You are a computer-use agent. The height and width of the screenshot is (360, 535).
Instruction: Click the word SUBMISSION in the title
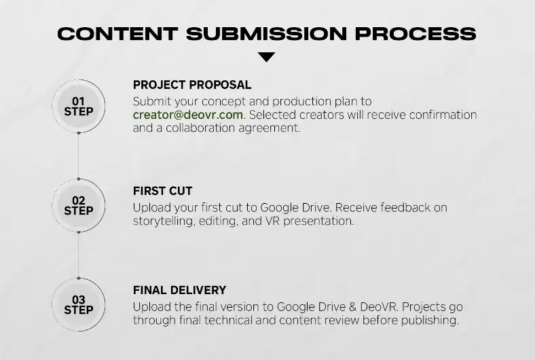(266, 34)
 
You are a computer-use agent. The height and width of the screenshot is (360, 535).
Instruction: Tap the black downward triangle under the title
(266, 57)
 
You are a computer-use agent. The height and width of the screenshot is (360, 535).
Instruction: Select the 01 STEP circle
(79, 106)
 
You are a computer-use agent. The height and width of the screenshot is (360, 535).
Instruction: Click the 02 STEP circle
(79, 205)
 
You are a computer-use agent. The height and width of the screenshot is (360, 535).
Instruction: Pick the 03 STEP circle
(79, 305)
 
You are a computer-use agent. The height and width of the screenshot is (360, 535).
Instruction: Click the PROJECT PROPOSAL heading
(192, 85)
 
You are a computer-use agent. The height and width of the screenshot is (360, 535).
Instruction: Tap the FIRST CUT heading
(163, 191)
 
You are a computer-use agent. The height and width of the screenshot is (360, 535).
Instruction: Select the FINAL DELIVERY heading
(179, 291)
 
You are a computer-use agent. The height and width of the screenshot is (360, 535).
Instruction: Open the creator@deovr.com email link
(188, 115)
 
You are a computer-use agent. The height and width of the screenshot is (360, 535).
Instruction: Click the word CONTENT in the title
(117, 34)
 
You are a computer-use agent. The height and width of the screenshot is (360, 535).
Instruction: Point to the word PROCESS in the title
(416, 34)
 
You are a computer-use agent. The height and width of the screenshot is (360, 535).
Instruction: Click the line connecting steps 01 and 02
(79, 156)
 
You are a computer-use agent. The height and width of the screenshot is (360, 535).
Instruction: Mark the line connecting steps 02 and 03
(79, 255)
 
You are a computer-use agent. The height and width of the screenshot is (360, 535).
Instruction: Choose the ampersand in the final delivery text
(353, 307)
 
